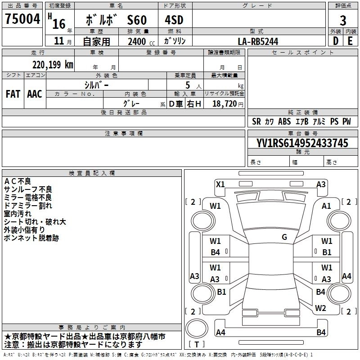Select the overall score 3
point(343,21)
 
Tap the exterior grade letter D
point(335,40)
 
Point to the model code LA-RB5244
point(258,41)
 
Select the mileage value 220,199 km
point(53,65)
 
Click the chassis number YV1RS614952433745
point(302,143)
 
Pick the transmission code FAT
point(13,94)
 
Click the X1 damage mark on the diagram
point(220,184)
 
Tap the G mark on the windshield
point(284,237)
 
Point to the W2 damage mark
point(320,308)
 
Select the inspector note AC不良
point(18,181)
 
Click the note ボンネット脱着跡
point(31,238)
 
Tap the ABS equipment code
point(284,121)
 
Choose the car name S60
point(137,21)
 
